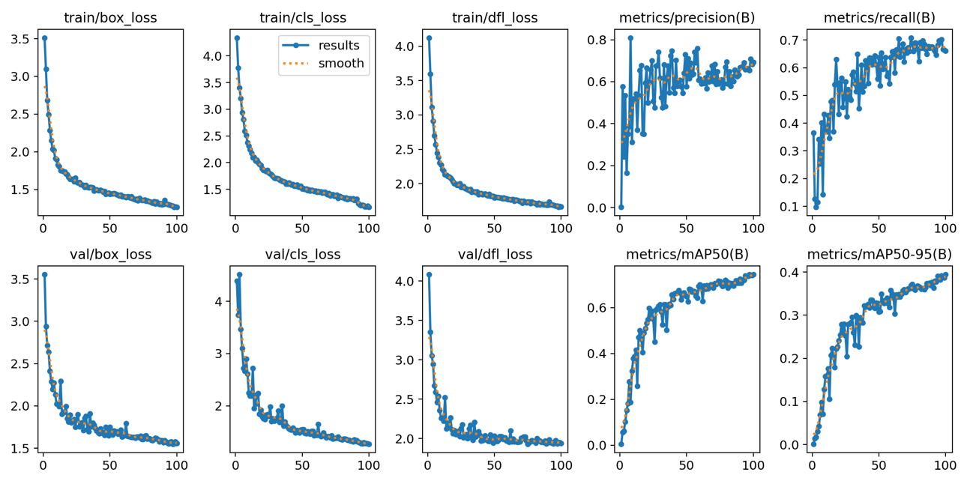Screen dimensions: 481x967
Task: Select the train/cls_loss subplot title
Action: (x=302, y=17)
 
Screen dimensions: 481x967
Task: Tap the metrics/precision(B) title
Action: (x=687, y=17)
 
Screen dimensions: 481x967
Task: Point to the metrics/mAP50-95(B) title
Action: (x=879, y=255)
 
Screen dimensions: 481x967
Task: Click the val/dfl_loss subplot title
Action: (x=495, y=255)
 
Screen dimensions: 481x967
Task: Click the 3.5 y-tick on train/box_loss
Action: (x=20, y=38)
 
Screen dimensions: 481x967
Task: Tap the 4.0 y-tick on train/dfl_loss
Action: (x=406, y=46)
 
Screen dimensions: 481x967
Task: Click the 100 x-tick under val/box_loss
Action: (x=177, y=461)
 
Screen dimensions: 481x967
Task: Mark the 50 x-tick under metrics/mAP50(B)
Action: (x=686, y=461)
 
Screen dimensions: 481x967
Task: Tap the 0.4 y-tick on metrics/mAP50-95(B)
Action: (x=791, y=272)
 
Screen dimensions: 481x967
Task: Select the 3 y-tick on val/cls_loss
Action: (x=220, y=353)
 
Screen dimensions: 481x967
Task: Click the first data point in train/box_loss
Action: (x=44, y=38)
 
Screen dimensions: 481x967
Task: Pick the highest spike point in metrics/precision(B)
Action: (x=630, y=38)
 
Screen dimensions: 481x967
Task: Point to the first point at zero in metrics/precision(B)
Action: (x=621, y=208)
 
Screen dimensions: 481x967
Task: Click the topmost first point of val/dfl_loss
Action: (x=429, y=275)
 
